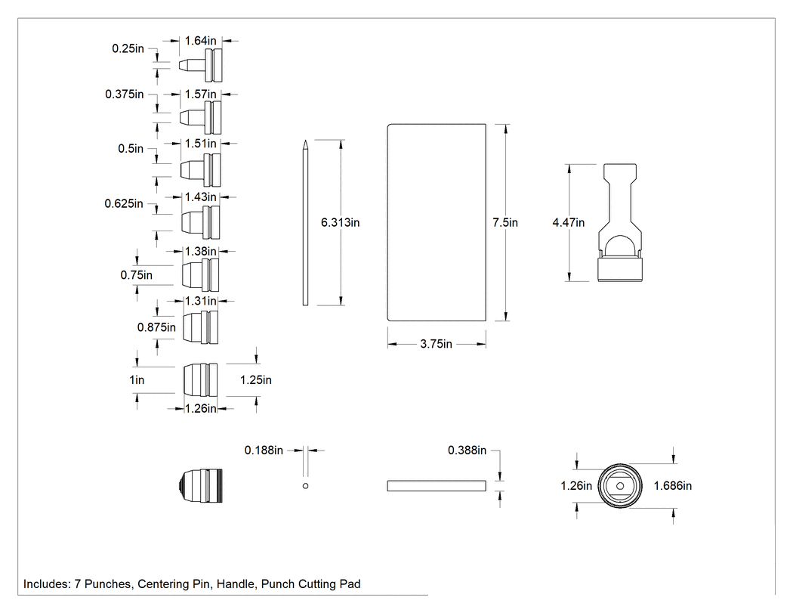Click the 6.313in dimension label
[x=340, y=222]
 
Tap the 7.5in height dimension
[x=505, y=222]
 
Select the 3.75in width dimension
[x=436, y=344]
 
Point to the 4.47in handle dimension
[x=569, y=222]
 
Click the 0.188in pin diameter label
[x=264, y=450]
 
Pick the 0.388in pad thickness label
[x=467, y=450]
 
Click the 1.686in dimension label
[x=673, y=485]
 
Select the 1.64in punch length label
[x=200, y=41]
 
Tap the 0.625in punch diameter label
[x=124, y=203]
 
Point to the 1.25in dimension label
[x=255, y=379]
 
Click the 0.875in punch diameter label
[x=156, y=327]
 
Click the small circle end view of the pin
[x=305, y=486]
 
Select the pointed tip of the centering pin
[x=305, y=141]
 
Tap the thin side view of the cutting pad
[x=437, y=486]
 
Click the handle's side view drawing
[x=620, y=223]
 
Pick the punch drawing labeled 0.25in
[x=201, y=65]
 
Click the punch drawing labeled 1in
[x=200, y=379]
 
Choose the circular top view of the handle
[x=620, y=486]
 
